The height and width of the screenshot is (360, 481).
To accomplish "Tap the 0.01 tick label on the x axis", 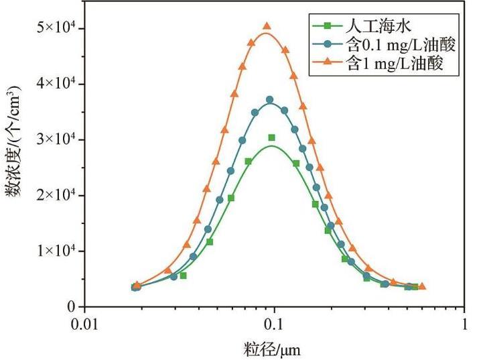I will coord(84,323).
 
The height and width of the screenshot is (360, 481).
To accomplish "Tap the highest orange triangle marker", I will coord(267,26).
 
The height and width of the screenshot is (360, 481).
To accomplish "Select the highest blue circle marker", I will coord(270,100).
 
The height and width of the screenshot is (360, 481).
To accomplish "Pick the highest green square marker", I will coord(271,137).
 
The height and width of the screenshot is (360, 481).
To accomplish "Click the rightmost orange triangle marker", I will coord(421,286).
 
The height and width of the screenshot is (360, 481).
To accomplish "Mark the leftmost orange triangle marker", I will coord(137,285).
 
